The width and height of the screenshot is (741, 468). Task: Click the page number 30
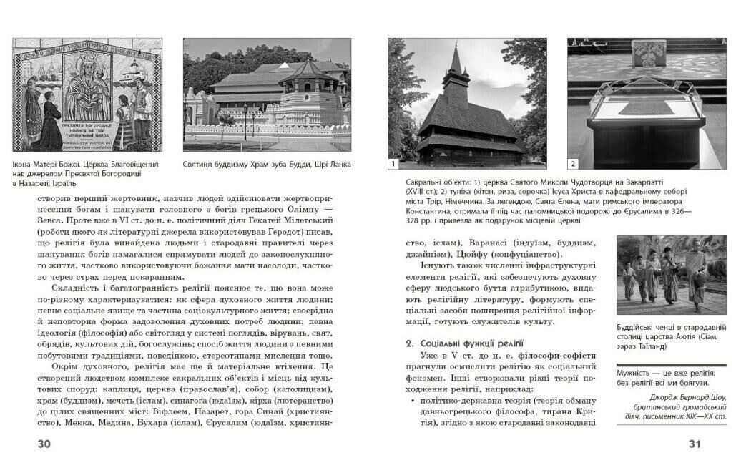tap(44, 444)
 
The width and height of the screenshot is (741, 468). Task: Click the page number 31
tap(694, 444)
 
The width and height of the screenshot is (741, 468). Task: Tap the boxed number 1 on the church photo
tap(393, 164)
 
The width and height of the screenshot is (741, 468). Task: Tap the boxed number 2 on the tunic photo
tap(573, 164)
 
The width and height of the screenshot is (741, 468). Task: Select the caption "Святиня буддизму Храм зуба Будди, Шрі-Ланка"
tap(267, 165)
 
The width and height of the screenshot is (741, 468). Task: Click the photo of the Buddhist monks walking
tap(671, 275)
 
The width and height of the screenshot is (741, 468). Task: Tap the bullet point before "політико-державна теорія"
tap(413, 401)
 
